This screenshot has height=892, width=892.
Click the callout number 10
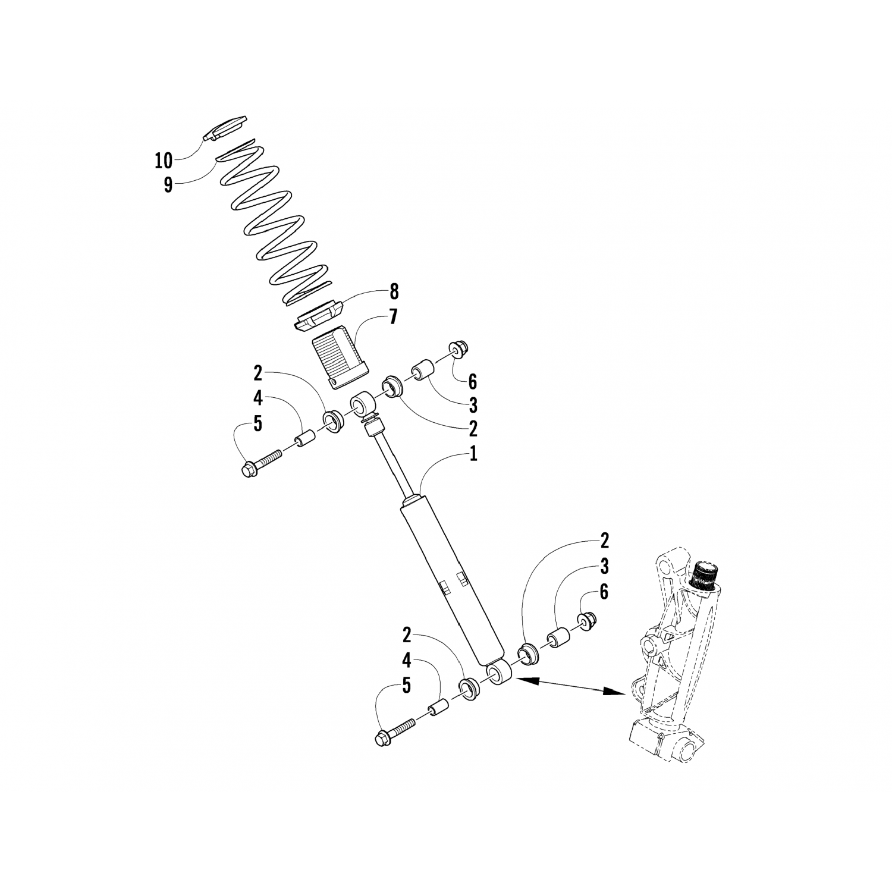tap(163, 160)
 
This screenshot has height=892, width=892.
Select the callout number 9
tap(168, 184)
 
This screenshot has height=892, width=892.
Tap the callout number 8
tap(393, 292)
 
